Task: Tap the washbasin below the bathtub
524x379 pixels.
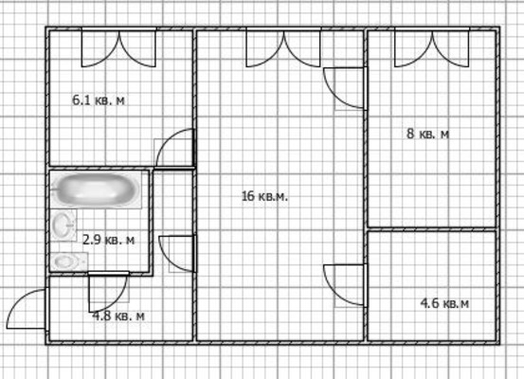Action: [64, 226]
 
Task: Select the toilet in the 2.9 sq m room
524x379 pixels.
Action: [64, 261]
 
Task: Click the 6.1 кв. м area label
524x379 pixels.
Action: [99, 99]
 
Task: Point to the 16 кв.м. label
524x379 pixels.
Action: [264, 197]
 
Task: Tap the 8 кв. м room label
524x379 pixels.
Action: [427, 135]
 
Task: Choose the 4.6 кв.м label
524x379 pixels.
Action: [444, 303]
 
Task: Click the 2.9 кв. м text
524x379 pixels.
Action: [108, 240]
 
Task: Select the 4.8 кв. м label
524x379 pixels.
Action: [118, 316]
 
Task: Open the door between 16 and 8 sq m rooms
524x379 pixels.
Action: [345, 88]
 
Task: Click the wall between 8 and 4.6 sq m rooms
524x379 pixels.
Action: [433, 228]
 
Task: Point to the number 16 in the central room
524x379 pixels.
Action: [248, 197]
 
